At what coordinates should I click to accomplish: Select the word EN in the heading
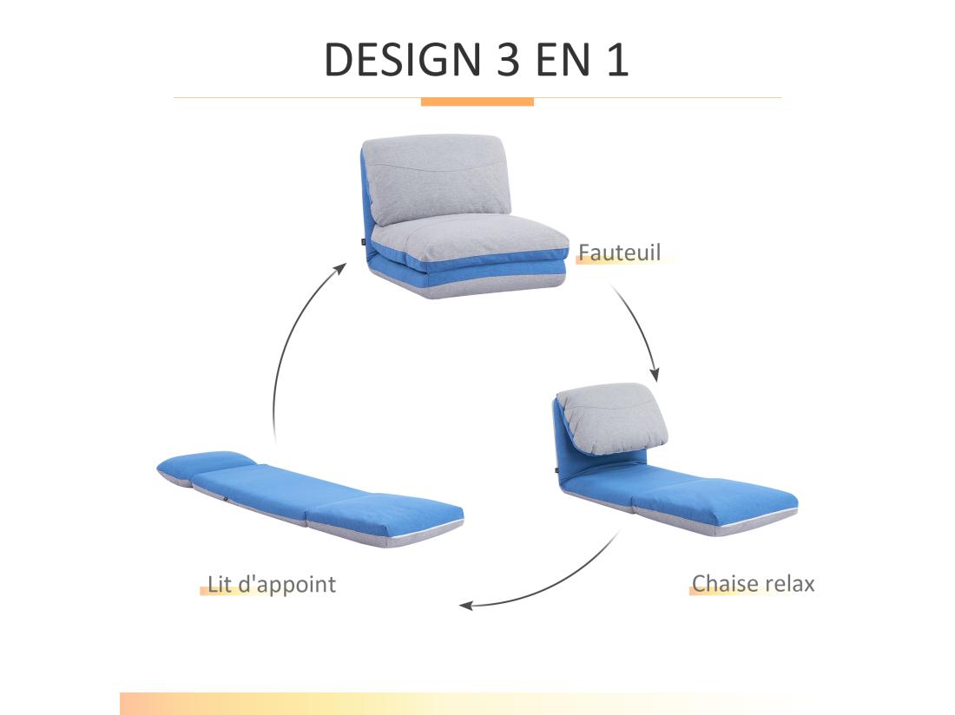[x=564, y=60]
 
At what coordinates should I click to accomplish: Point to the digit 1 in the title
[x=617, y=60]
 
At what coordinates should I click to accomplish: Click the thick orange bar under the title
[x=477, y=102]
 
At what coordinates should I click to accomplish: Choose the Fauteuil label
[x=619, y=253]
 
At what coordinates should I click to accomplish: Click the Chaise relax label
[x=753, y=583]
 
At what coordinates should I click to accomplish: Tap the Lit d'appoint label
[x=271, y=584]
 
